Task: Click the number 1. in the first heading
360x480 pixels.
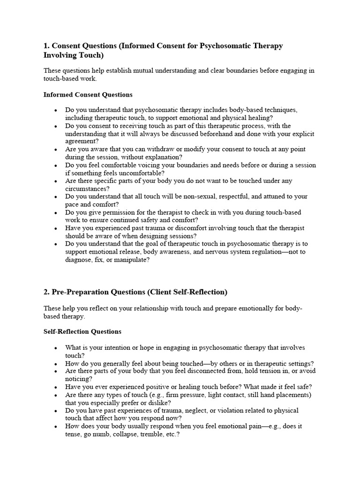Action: [46, 46]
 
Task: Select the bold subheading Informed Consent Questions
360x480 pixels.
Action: [88, 95]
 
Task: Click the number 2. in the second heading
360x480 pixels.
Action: [46, 292]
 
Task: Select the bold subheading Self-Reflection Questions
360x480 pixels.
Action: [82, 331]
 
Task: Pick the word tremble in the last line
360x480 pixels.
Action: [143, 434]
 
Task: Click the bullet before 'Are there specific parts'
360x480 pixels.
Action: [56, 181]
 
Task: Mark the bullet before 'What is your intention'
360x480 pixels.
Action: [56, 348]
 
